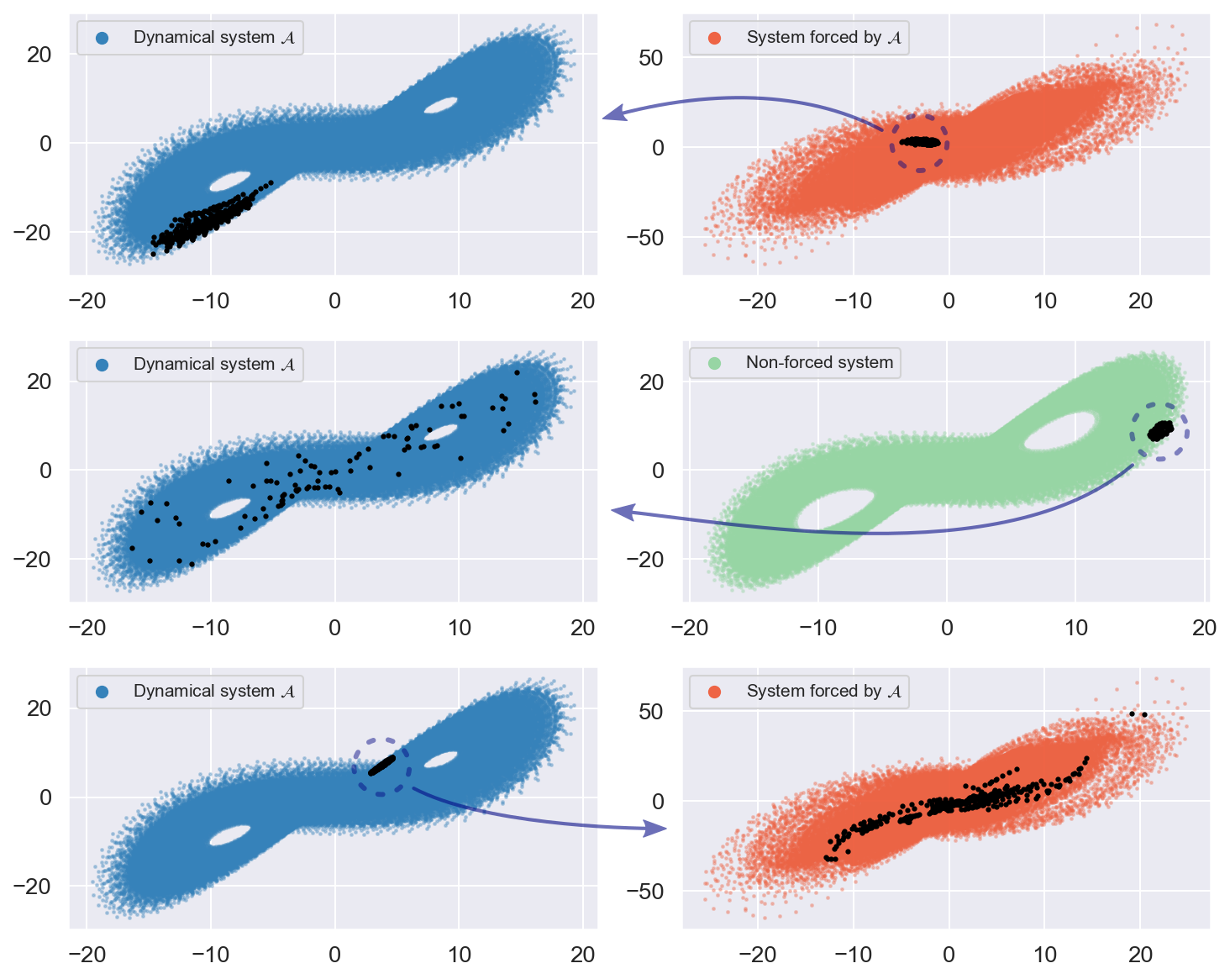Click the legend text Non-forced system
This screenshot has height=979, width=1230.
pyautogui.click(x=819, y=363)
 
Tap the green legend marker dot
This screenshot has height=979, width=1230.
pyautogui.click(x=715, y=363)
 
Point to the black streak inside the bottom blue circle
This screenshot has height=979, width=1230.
pyautogui.click(x=382, y=765)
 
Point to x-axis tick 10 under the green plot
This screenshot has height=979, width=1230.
pyautogui.click(x=1076, y=628)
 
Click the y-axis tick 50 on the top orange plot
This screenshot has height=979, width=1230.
pyautogui.click(x=650, y=58)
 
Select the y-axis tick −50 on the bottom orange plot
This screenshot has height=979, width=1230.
pyautogui.click(x=645, y=891)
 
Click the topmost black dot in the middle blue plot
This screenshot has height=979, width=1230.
pyautogui.click(x=517, y=372)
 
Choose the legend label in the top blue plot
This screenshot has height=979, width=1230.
pyautogui.click(x=213, y=38)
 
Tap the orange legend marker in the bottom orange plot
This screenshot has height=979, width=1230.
pyautogui.click(x=715, y=692)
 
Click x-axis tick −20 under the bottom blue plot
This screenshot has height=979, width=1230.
pyautogui.click(x=87, y=955)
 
